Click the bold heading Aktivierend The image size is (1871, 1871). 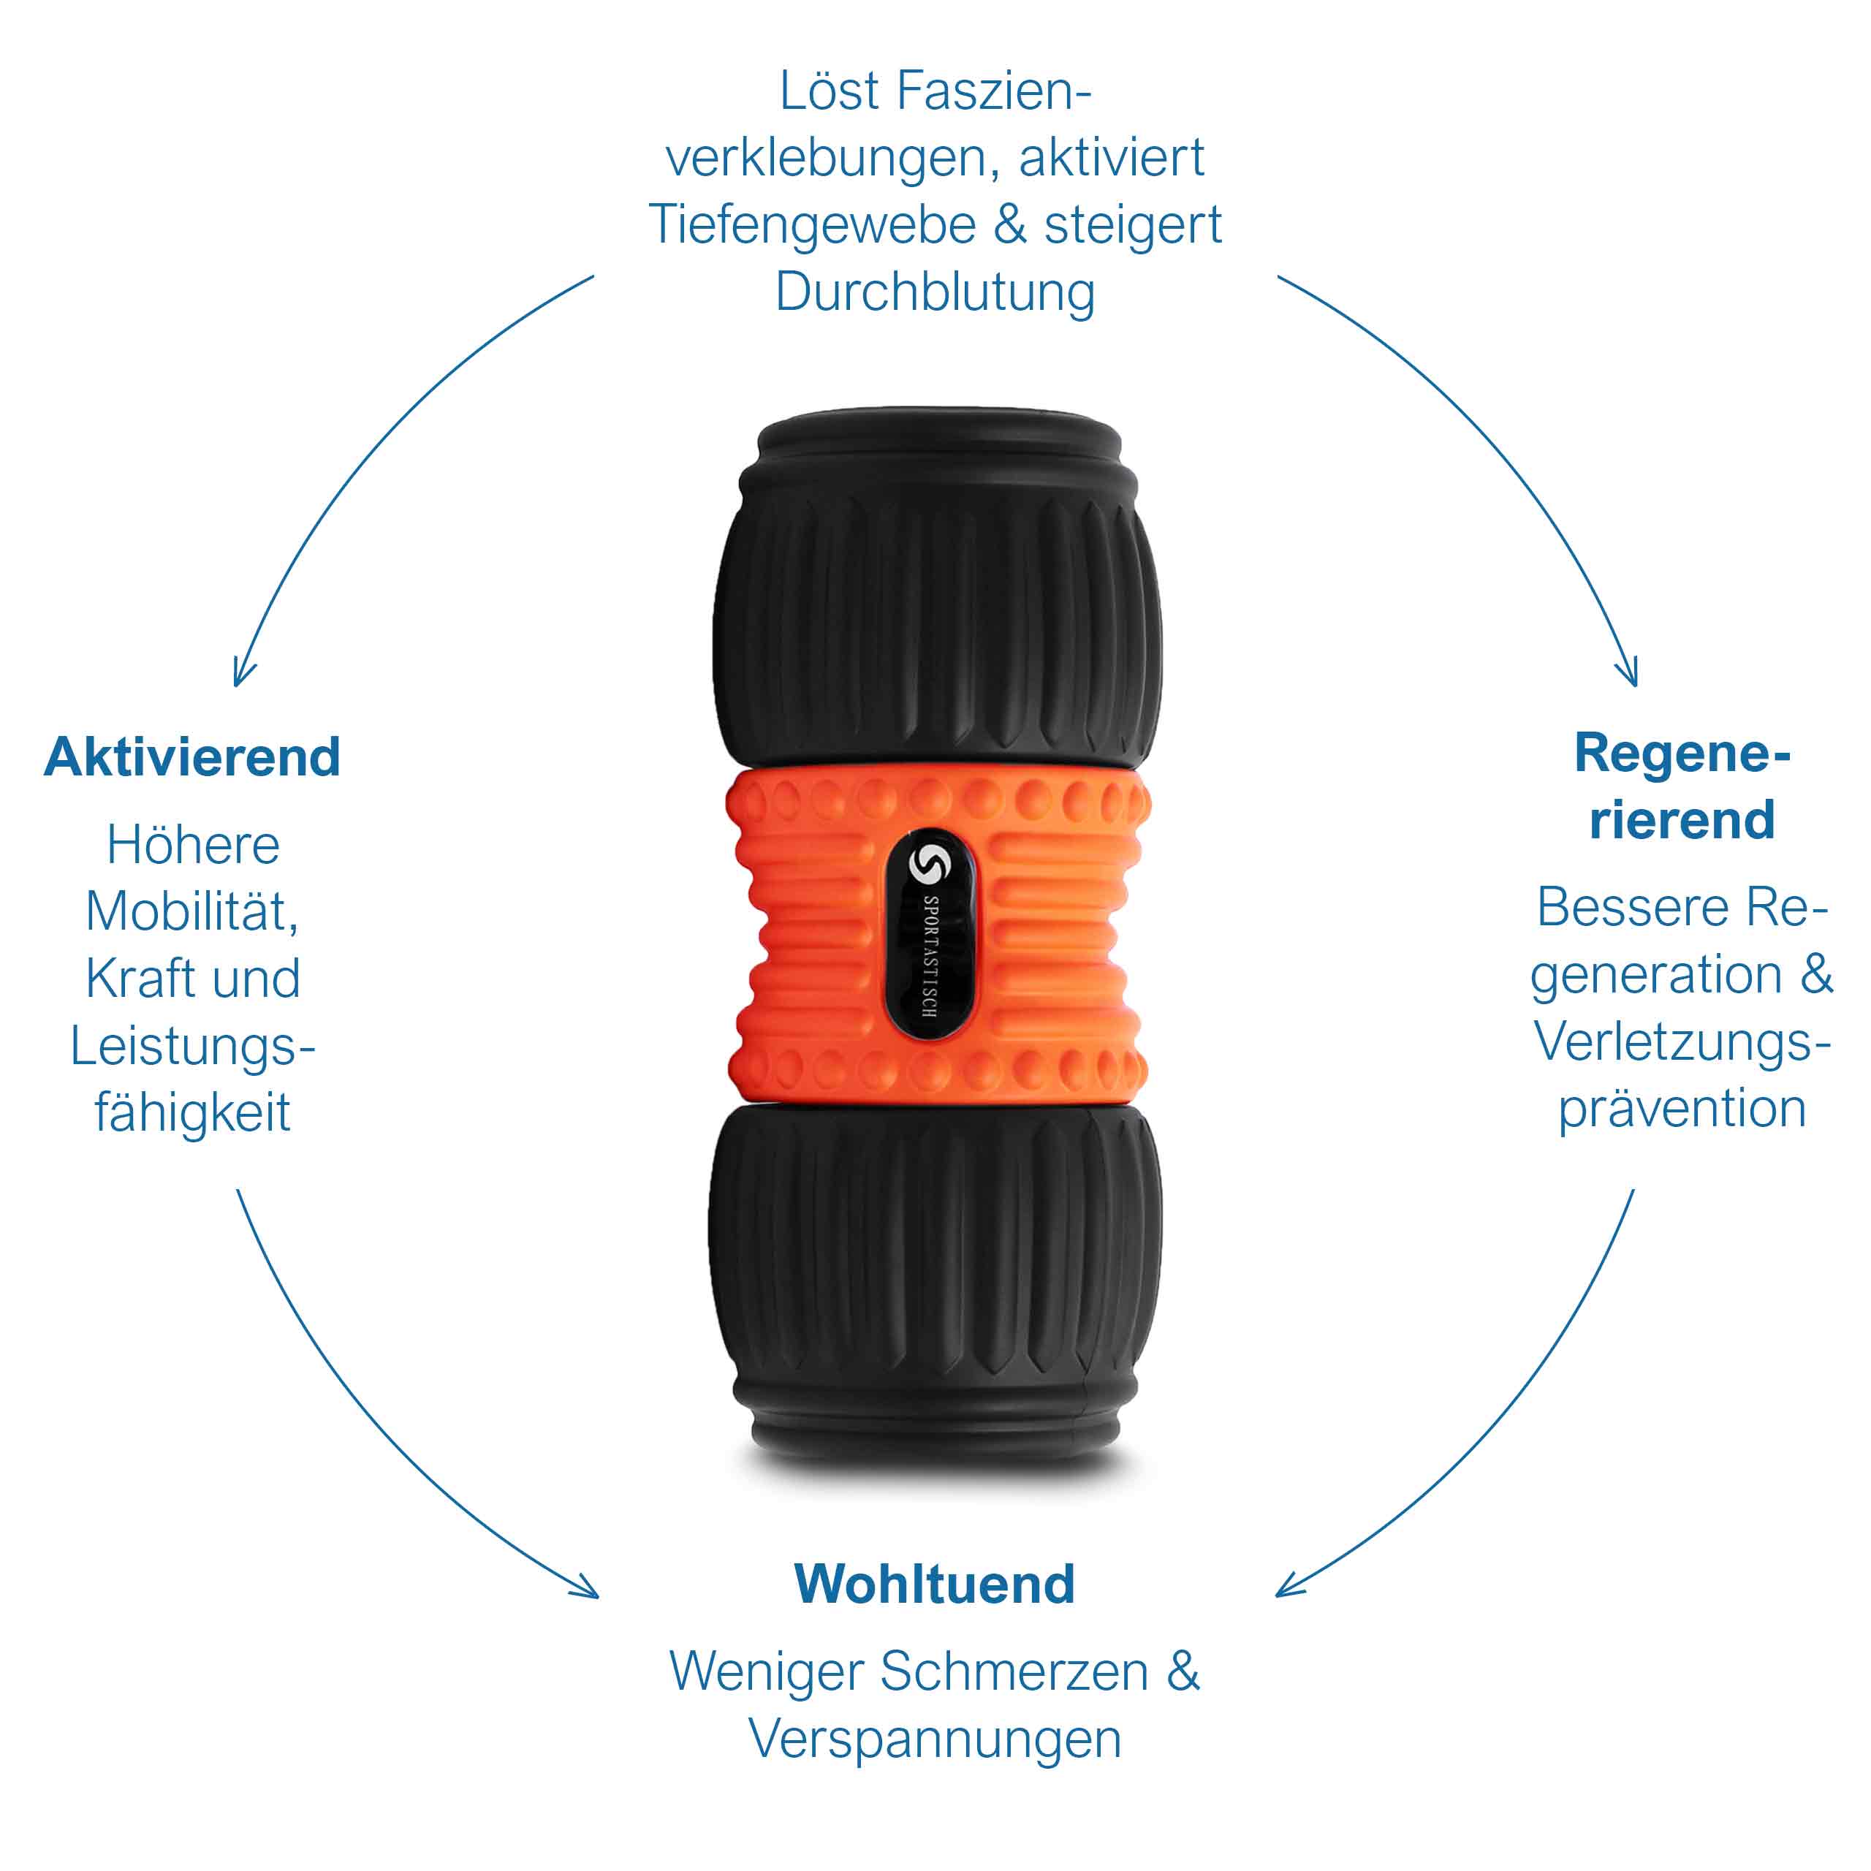tap(191, 756)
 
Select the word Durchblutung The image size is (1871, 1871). tap(935, 292)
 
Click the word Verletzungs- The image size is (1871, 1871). tap(1682, 1043)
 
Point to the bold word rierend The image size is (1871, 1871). tap(1682, 820)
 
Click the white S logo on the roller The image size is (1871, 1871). tap(927, 864)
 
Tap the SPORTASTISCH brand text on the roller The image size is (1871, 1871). tap(930, 957)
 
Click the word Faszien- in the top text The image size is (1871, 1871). tap(995, 91)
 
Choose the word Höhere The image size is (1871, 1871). tap(193, 846)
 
